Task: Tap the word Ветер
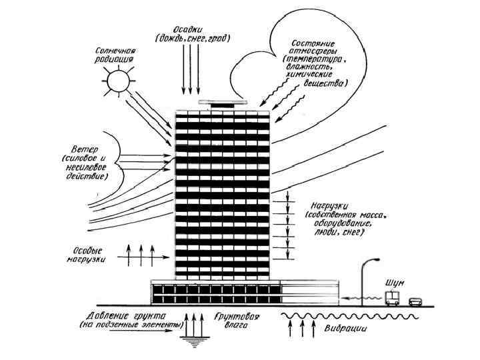pos(84,149)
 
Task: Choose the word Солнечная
pos(117,51)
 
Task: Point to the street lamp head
pos(375,262)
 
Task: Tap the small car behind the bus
pos(415,301)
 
